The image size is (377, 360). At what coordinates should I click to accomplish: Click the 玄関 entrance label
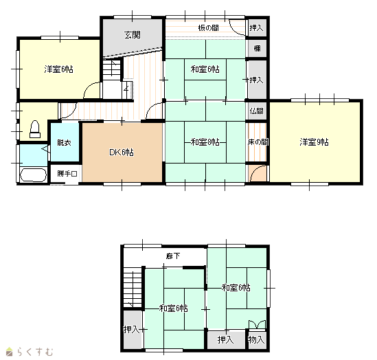point(133,35)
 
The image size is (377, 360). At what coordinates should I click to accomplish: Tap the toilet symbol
point(35,129)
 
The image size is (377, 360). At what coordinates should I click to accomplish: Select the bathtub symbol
point(33,175)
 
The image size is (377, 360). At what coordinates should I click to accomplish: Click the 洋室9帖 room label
point(314,142)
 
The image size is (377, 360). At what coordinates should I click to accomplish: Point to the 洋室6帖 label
point(58,69)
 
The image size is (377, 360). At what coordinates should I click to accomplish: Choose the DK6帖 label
point(122,153)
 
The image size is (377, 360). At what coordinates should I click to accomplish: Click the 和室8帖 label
point(205,142)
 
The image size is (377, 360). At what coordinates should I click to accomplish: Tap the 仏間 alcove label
point(256,111)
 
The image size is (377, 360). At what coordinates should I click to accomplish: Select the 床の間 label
point(258,142)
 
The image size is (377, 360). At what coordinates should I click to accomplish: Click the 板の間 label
point(209,28)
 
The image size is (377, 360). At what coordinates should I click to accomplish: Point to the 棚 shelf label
point(258,49)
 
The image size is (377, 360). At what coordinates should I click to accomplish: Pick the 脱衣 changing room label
point(64,143)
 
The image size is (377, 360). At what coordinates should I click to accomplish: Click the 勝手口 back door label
point(67,173)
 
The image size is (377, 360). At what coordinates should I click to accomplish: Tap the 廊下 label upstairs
point(173,256)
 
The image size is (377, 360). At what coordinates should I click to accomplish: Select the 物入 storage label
point(256,340)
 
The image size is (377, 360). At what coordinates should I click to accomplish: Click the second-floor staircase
point(133,287)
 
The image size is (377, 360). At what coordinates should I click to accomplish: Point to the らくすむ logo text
point(35,352)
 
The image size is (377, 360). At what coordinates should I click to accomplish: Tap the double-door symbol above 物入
point(257,324)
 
